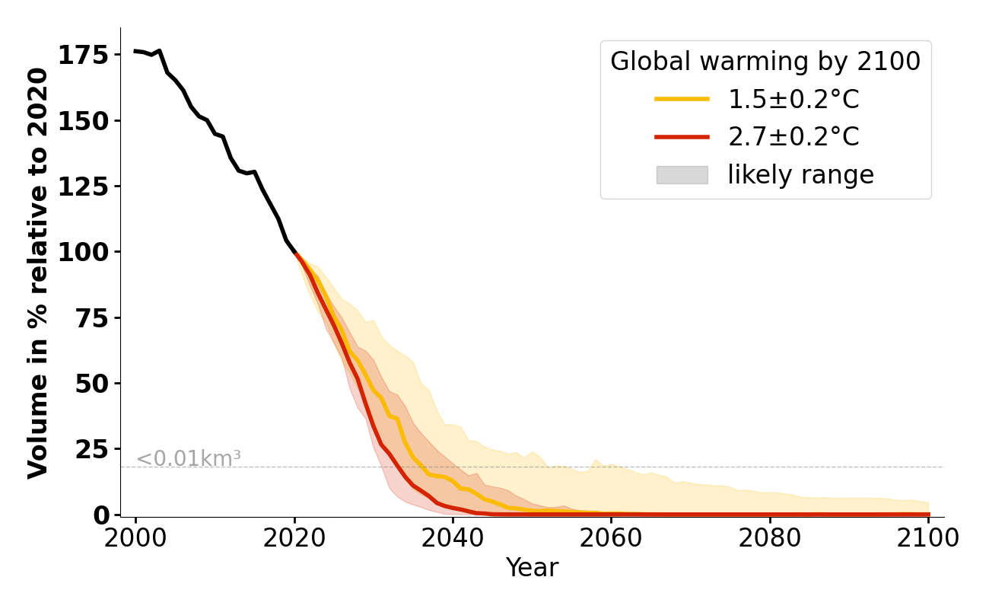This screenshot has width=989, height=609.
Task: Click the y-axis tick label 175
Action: (84, 55)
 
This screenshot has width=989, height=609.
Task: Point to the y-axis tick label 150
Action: (84, 120)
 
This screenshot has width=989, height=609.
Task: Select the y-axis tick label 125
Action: (84, 186)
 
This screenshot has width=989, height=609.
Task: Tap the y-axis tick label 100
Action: (84, 252)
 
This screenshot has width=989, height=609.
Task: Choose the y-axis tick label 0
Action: (101, 515)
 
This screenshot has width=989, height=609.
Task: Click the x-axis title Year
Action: (532, 568)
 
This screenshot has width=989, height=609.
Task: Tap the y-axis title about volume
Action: (38, 273)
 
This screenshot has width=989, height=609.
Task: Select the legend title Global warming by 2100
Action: (765, 62)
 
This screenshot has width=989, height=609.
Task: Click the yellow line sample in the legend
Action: (682, 99)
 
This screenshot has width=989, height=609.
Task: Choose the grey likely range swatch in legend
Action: (682, 175)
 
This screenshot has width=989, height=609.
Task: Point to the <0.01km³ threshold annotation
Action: (189, 459)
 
